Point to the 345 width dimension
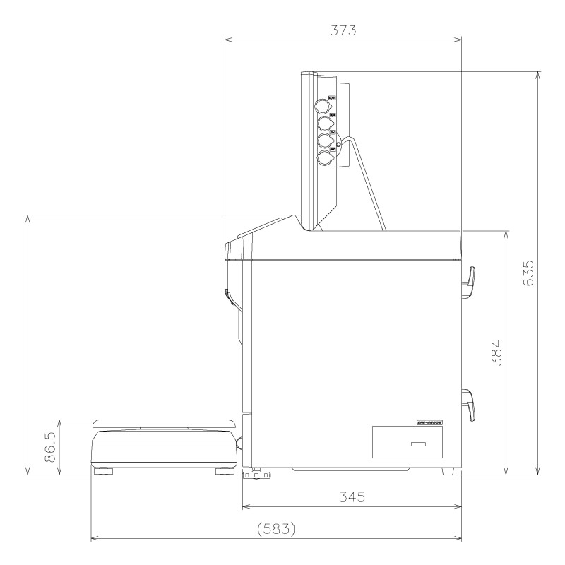tap(351, 496)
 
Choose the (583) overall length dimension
tap(276, 528)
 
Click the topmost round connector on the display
tap(323, 106)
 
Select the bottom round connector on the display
tap(324, 157)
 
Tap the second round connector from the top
tap(324, 124)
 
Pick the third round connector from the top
tap(324, 141)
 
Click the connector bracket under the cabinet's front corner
tap(256, 475)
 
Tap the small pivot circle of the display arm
tap(340, 145)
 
